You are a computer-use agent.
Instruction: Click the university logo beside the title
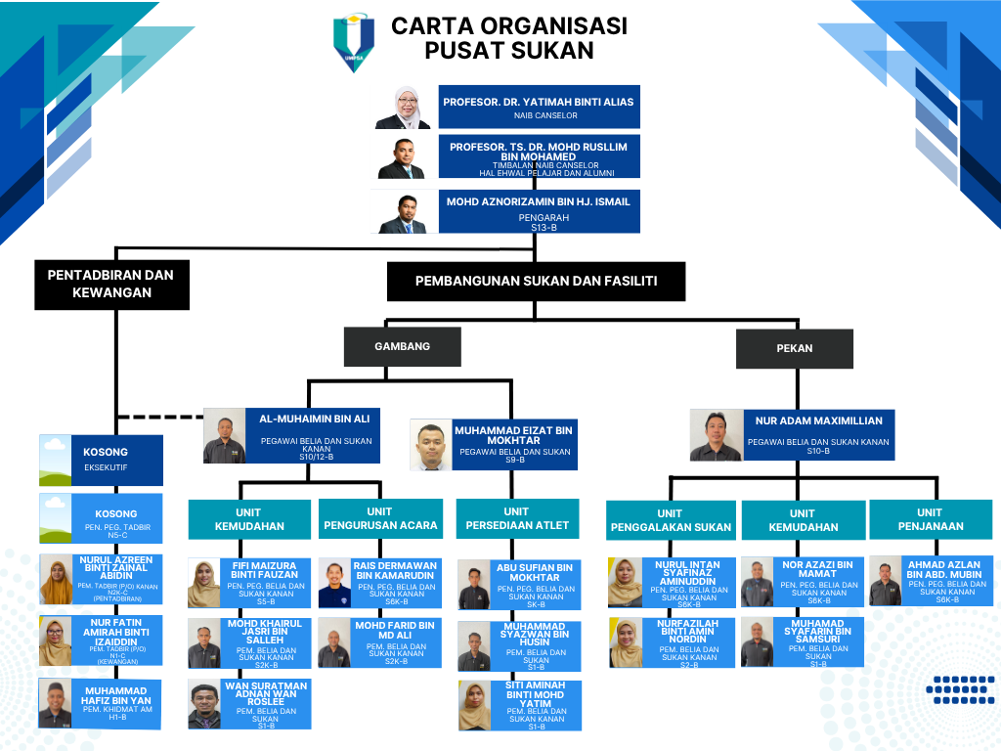[x=353, y=42]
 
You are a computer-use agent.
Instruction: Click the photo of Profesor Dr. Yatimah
[x=403, y=108]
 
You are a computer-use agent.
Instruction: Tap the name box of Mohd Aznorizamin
[x=539, y=211]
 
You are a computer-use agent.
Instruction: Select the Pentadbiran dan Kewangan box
[x=112, y=284]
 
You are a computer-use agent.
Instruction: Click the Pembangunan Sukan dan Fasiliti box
[x=536, y=282]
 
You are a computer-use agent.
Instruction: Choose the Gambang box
[x=402, y=346]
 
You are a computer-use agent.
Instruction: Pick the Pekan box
[x=794, y=348]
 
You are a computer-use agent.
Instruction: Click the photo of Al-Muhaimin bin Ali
[x=223, y=436]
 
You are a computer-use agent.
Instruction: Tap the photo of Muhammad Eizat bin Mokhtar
[x=430, y=446]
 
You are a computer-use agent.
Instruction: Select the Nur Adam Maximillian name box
[x=818, y=434]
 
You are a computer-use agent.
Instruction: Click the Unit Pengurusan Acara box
[x=379, y=519]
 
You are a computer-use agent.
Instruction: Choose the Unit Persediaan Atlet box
[x=516, y=519]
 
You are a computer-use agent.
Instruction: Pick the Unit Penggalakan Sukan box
[x=670, y=520]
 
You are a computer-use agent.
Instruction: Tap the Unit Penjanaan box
[x=930, y=519]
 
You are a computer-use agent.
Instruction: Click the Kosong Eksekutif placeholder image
[x=55, y=461]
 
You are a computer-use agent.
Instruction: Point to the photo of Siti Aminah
[x=474, y=706]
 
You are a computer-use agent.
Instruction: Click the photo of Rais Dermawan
[x=334, y=584]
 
